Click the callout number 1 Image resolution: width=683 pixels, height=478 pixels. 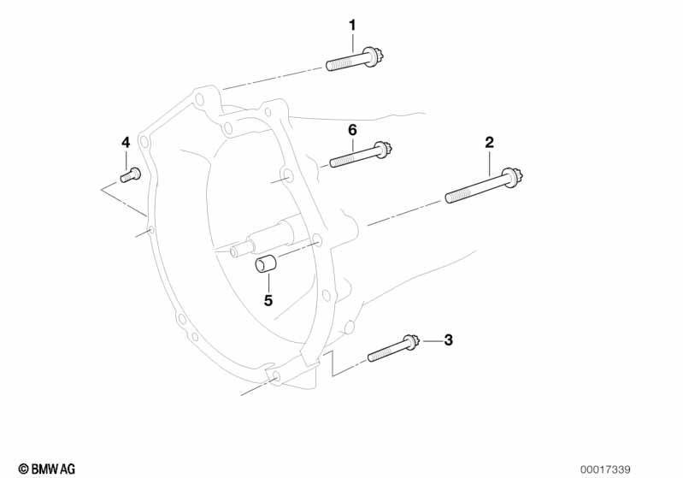(352, 26)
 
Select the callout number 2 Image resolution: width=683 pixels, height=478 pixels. (489, 143)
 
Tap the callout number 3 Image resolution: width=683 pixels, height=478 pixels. (448, 339)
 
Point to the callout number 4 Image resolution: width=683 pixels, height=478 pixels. (126, 143)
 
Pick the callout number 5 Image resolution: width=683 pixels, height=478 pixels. (268, 300)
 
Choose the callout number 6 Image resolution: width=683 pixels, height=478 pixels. (352, 130)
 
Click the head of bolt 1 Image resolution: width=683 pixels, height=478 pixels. (374, 56)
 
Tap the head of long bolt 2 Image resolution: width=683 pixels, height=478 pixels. (513, 178)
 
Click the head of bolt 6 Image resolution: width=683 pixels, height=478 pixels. (383, 150)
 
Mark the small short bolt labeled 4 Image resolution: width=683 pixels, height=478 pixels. (130, 175)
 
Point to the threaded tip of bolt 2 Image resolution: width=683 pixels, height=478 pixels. (450, 198)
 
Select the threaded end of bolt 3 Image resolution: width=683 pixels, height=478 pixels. (372, 357)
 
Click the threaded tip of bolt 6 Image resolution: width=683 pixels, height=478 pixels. (333, 163)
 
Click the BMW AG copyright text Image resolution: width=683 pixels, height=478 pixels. (47, 469)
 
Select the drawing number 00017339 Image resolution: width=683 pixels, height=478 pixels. (605, 469)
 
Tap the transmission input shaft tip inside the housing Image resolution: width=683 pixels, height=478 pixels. (236, 252)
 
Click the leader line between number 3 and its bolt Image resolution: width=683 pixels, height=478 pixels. (431, 340)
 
